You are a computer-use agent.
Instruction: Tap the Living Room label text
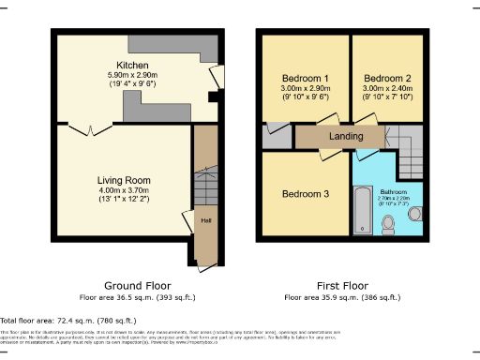[x=124, y=180]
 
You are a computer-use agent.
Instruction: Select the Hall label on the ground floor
[x=204, y=221]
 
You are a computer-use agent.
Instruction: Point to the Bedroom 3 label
[x=306, y=193]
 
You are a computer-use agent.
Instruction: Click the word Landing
[x=346, y=136]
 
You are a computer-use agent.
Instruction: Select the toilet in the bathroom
[x=390, y=223]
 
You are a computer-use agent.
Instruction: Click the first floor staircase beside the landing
[x=409, y=164]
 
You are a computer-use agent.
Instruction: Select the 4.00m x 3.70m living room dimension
[x=124, y=190]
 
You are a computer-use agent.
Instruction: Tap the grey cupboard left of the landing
[x=278, y=136]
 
